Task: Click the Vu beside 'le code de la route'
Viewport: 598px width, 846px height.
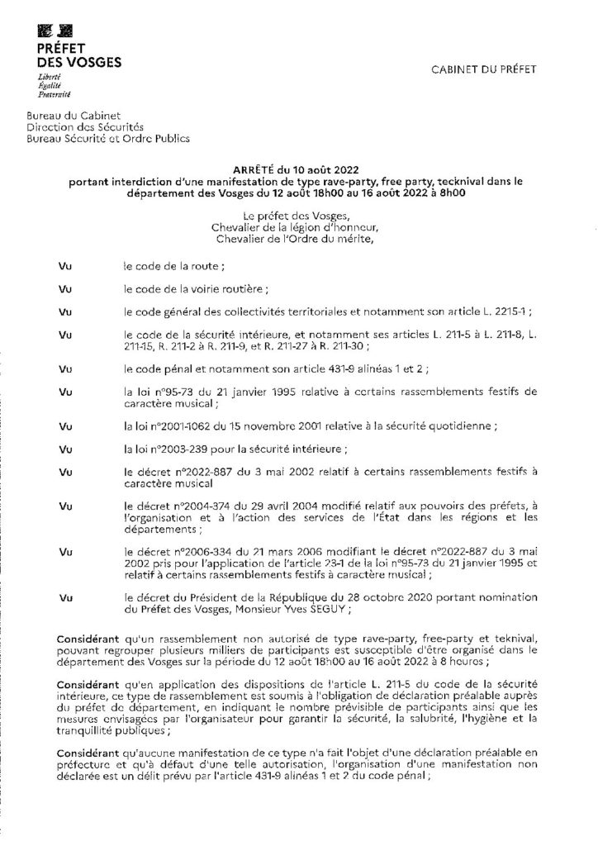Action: tap(66, 266)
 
